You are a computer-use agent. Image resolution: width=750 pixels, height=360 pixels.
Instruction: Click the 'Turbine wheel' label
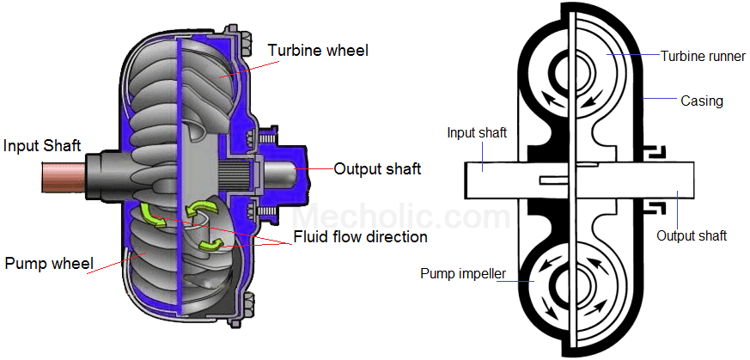pos(318,51)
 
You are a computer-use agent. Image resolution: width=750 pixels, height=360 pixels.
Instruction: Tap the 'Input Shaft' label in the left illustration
pos(41,145)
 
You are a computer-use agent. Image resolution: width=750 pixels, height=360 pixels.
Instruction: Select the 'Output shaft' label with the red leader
pos(377,168)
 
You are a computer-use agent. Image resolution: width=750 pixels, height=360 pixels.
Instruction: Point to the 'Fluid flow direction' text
pos(361,236)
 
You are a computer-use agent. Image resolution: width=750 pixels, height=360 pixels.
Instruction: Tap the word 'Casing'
pos(702,101)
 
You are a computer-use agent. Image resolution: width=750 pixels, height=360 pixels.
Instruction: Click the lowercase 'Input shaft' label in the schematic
pos(477,132)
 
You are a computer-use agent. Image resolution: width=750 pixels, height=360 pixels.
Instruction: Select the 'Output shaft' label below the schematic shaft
pos(692,235)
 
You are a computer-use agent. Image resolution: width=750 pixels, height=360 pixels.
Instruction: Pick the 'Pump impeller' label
pos(461,274)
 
